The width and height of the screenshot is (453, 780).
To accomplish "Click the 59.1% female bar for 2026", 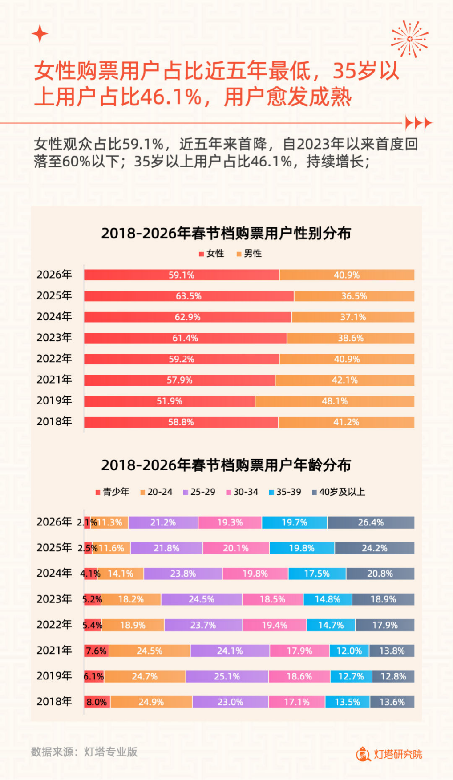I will pos(182,275).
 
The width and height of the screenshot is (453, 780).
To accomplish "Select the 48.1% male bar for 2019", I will pos(335,401).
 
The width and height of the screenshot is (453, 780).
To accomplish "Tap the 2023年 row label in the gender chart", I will pos(54,338).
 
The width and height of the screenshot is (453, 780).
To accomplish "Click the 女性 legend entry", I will pos(212,254).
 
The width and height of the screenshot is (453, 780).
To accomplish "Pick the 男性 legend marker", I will pos(239,254).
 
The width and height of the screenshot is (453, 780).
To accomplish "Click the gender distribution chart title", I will pos(226,233).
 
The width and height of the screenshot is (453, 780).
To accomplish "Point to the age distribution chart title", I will pos(226,465).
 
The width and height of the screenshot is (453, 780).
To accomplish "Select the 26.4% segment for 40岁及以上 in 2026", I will pos(371,523).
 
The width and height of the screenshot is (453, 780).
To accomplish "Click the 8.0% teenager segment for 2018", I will pos(97,702).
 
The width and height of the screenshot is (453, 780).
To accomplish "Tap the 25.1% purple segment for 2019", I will pos(227,677).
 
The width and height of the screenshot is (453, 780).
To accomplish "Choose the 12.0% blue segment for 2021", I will pos(349,651).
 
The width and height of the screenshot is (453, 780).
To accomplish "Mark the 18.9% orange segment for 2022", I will pos(133,625).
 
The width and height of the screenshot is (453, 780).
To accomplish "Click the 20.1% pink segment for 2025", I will pos(236,548).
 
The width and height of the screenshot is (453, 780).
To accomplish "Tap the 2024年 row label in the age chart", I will pos(54,573).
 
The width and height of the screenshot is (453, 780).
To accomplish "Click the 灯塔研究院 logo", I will pos(389,754).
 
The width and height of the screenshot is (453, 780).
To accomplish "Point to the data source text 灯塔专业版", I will pos(110,752).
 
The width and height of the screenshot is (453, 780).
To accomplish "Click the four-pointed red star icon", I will pos(40,34).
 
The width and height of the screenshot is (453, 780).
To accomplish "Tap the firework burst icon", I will pos(409,39).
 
